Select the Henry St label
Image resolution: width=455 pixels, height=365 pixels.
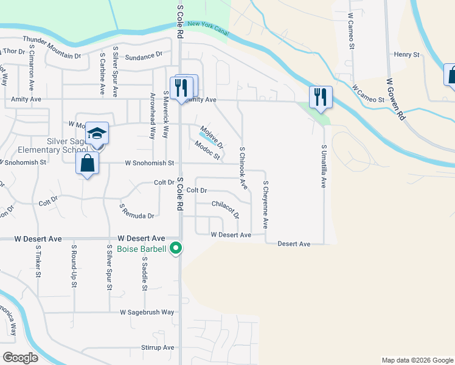pos(407,55)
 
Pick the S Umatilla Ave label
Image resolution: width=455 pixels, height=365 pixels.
pos(324,165)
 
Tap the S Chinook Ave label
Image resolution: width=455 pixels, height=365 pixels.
pos(243,165)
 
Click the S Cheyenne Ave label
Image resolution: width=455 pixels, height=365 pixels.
pos(265,204)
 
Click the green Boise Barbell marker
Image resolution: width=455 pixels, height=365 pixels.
pos(176,248)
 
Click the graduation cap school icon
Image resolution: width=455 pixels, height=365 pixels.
pos(97,133)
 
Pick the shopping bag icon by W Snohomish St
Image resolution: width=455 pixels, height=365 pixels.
pos(88,162)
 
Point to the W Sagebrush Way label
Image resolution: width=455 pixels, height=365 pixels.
pos(147,312)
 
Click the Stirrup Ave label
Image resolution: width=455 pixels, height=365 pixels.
pos(158,347)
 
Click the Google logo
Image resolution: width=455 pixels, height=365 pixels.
pos(20,358)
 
